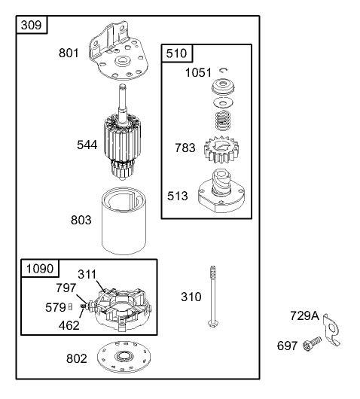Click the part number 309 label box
pyautogui.click(x=32, y=25)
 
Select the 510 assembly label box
pyautogui.click(x=177, y=53)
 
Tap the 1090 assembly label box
pyautogui.click(x=40, y=268)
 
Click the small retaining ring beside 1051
pyautogui.click(x=224, y=70)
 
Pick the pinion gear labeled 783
pyautogui.click(x=222, y=150)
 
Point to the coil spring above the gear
pyautogui.click(x=223, y=120)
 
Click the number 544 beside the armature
pyautogui.click(x=87, y=145)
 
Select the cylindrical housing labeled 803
pyautogui.click(x=124, y=221)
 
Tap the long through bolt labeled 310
pyautogui.click(x=213, y=297)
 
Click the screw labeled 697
pyautogui.click(x=312, y=344)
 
